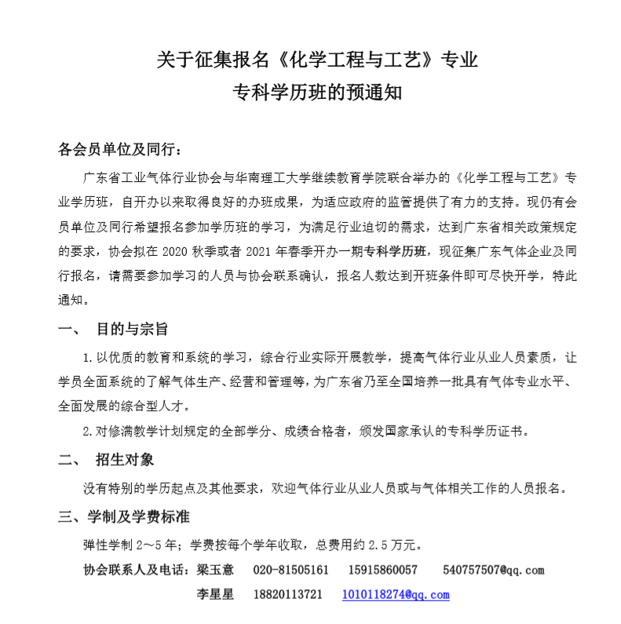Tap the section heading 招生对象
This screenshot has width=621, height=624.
click(124, 460)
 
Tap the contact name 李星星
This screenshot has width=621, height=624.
click(215, 595)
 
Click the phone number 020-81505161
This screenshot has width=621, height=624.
click(291, 570)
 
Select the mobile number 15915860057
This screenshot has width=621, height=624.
click(382, 570)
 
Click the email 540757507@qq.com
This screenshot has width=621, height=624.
click(493, 570)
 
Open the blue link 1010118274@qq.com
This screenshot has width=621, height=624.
click(395, 595)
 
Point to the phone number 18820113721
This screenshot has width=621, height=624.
click(288, 595)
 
